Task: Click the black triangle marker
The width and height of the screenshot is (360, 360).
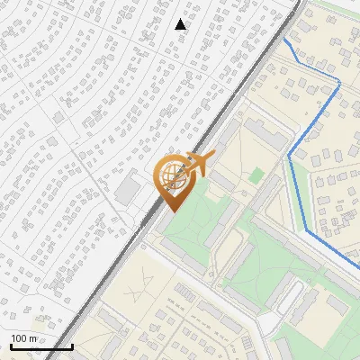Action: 181,24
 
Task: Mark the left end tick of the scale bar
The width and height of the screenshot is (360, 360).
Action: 10,345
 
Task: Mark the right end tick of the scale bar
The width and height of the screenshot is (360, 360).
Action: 72,345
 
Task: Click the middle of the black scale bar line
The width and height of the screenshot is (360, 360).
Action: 41,347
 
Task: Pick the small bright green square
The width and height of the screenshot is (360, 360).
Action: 256,174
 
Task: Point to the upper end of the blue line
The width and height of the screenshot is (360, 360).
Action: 285,40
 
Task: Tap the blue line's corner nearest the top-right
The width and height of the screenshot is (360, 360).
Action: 339,83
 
